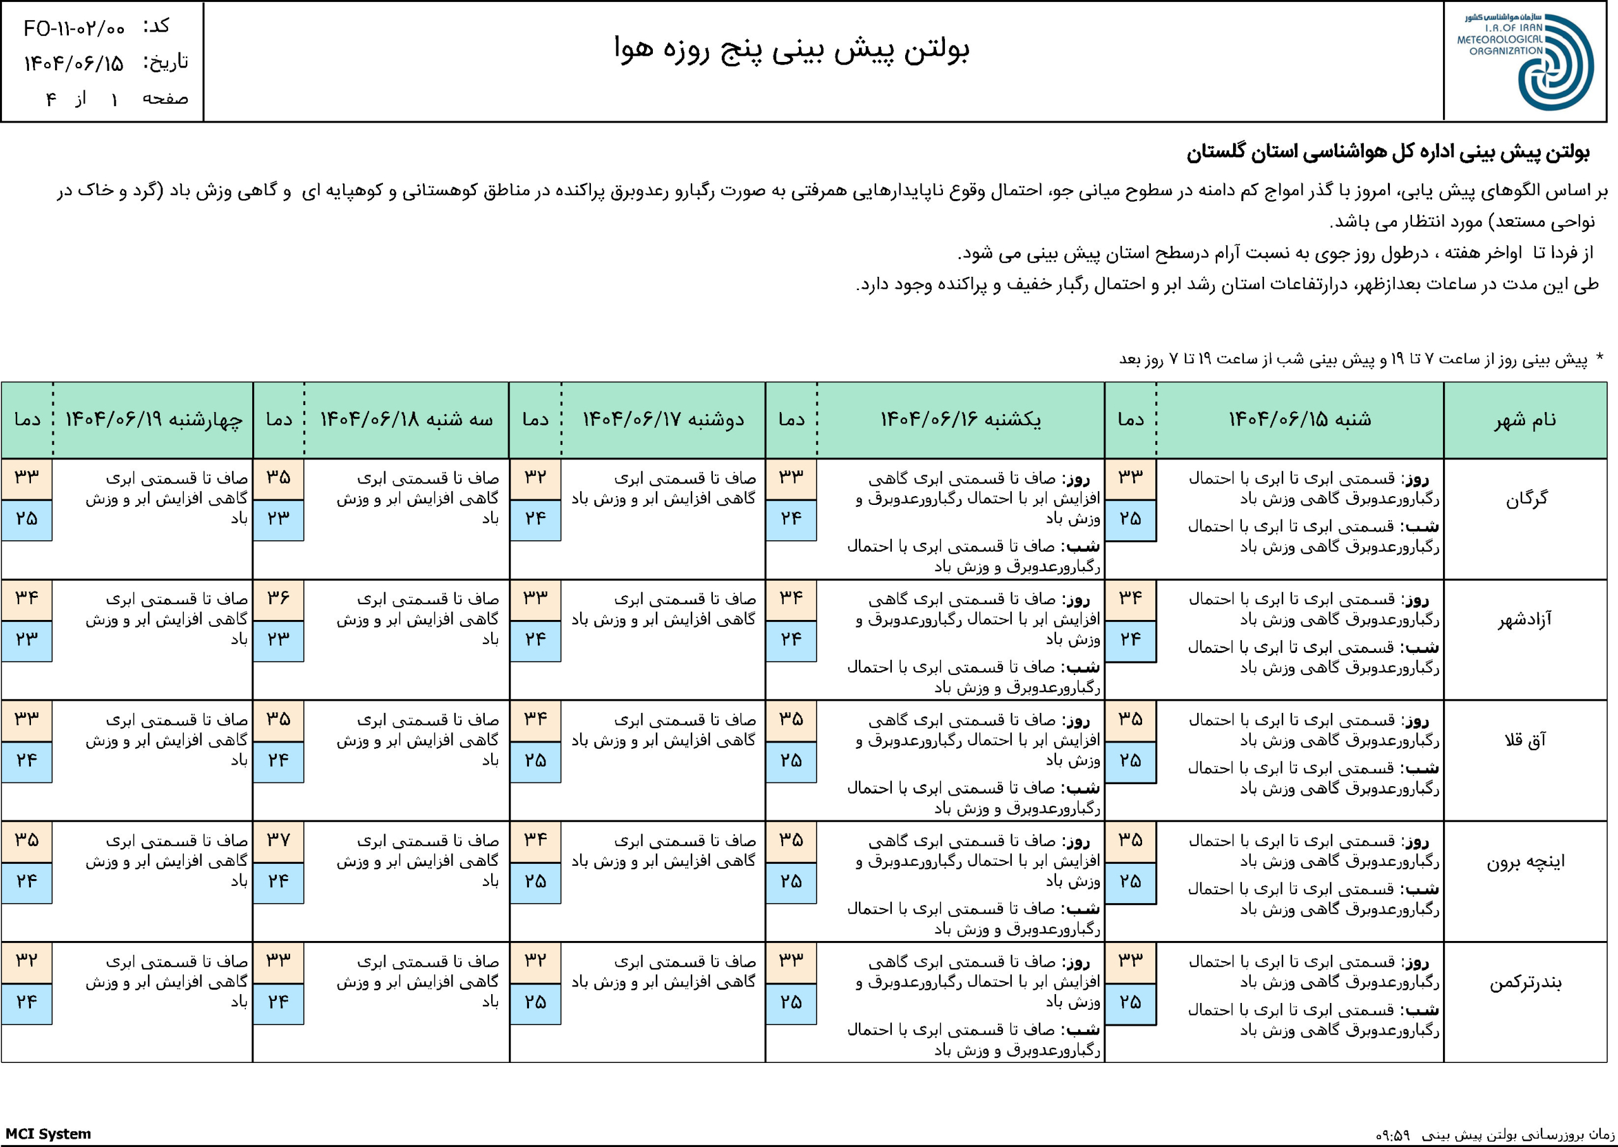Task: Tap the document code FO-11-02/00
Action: [x=74, y=29]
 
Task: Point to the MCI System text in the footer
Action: [x=48, y=1134]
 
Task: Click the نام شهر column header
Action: [x=1525, y=420]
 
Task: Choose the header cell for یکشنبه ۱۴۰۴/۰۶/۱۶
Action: [x=960, y=420]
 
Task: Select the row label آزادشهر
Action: [x=1525, y=620]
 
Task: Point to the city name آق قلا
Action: [x=1526, y=741]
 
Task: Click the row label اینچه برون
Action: [x=1526, y=861]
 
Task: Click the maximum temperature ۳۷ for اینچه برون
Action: [x=278, y=841]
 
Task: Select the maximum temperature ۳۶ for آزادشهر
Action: [x=278, y=599]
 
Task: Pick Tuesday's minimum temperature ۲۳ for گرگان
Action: [x=278, y=519]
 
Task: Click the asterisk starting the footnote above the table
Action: [x=1599, y=358]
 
